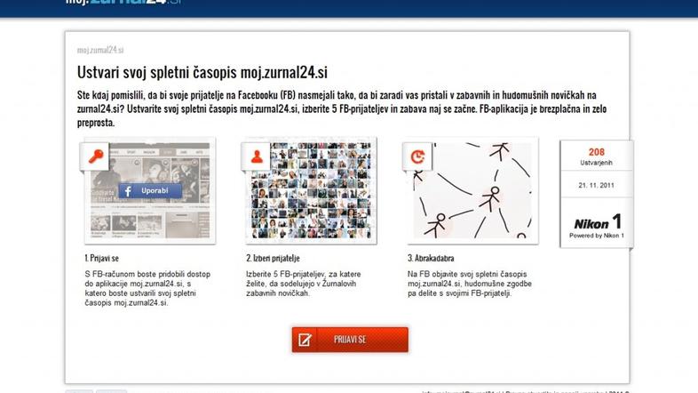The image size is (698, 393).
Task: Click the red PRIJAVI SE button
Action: tap(350, 340)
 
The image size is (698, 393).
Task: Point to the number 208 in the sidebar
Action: tap(596, 152)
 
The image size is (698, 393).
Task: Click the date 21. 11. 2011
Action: tap(596, 185)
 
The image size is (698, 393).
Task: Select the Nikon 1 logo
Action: tap(597, 222)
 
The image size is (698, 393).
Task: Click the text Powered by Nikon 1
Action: tap(597, 236)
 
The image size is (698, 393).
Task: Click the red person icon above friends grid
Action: tap(257, 156)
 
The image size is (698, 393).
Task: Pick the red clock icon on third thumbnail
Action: tap(417, 156)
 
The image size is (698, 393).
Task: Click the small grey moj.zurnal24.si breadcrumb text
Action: tap(100, 51)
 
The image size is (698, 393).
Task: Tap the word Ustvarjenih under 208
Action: tap(596, 164)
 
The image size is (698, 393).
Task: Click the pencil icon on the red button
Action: tap(305, 340)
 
